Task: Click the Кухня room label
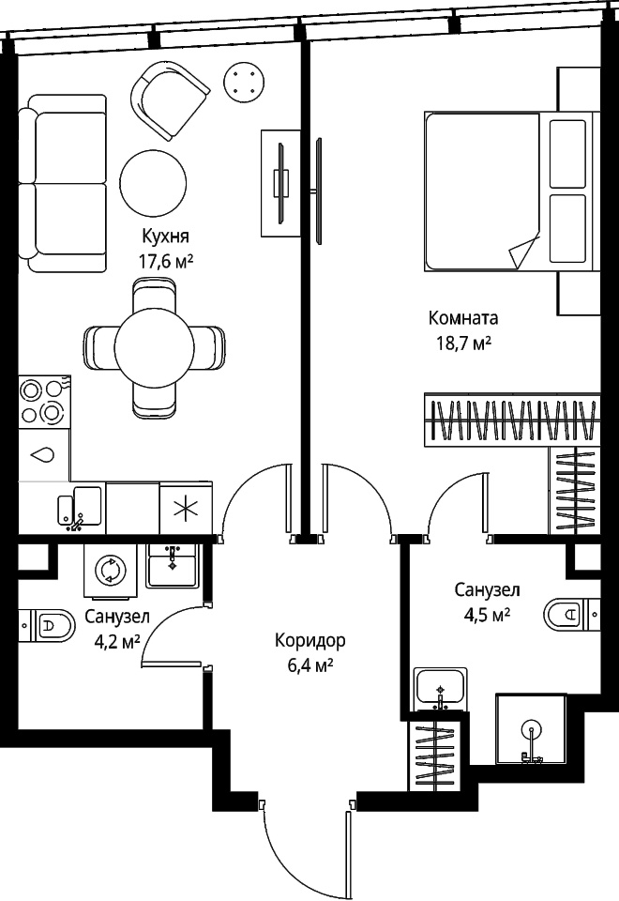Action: [x=165, y=237]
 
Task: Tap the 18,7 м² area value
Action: [x=462, y=344]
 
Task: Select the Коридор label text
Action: [x=310, y=640]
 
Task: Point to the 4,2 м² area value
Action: [x=119, y=642]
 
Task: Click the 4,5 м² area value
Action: [x=487, y=616]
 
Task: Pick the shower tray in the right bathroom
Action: [x=531, y=729]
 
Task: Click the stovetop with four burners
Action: [x=44, y=401]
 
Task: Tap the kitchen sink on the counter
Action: [x=80, y=508]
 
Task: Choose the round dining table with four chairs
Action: [x=154, y=347]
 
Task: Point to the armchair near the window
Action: [x=170, y=100]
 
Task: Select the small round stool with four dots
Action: [x=244, y=83]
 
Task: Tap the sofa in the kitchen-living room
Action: [x=63, y=184]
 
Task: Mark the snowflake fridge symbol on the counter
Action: [x=186, y=508]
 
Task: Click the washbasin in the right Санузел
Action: [x=441, y=689]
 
